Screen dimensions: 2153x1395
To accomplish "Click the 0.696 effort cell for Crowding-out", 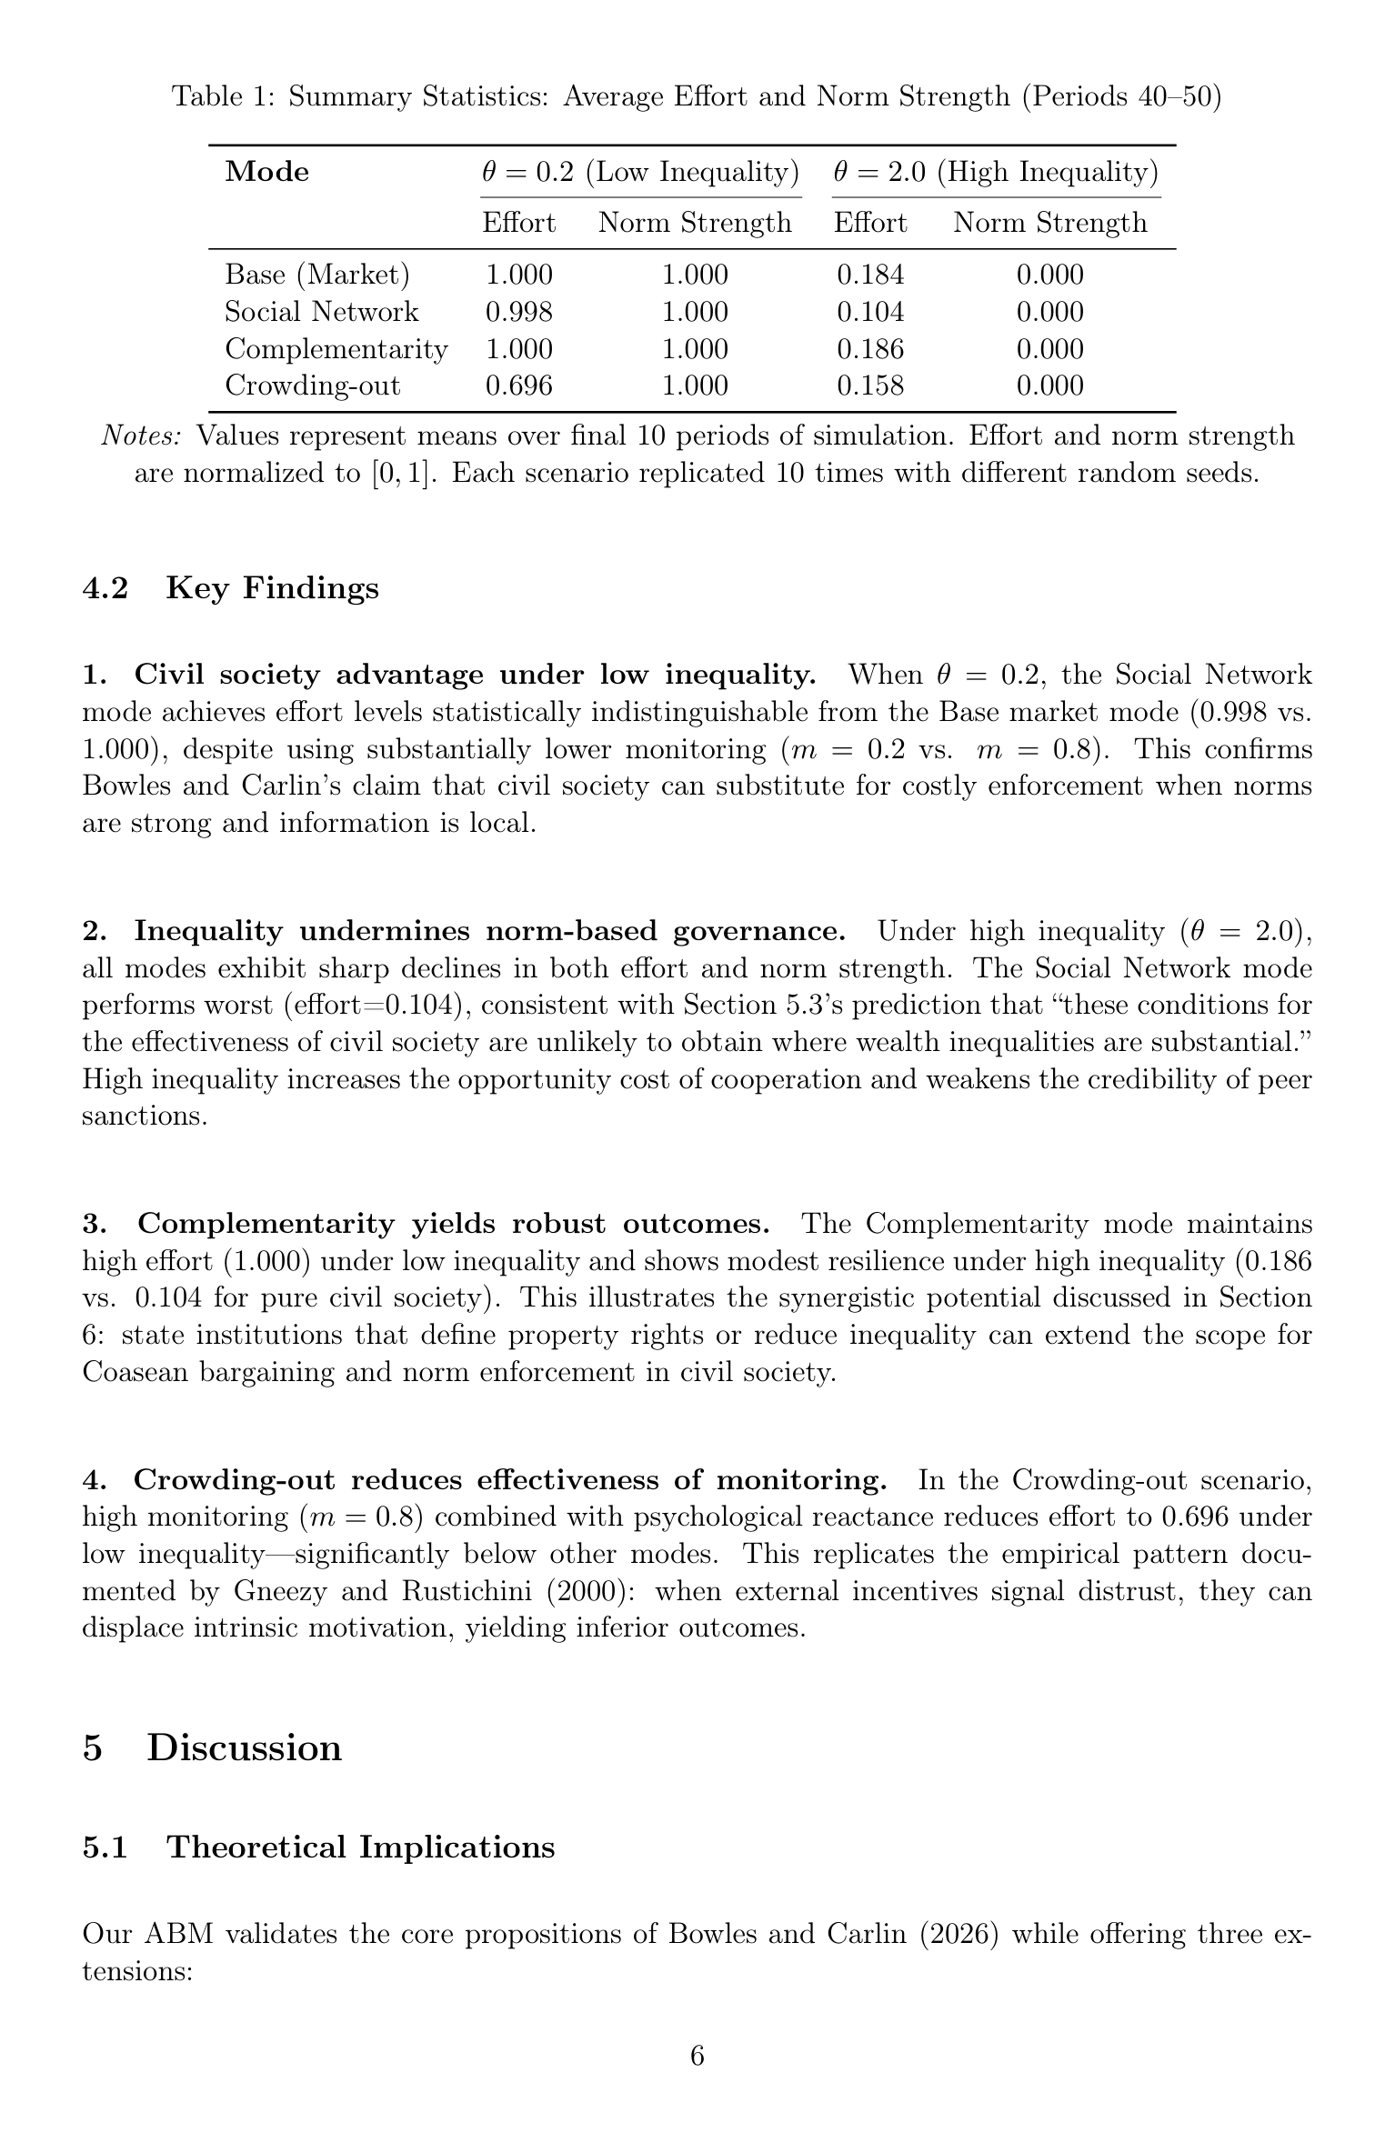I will [518, 386].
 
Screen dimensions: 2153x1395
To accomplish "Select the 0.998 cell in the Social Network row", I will [518, 312].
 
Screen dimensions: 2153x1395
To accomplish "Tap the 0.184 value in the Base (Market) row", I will [870, 275].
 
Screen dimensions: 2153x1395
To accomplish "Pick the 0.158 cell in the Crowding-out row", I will [870, 386].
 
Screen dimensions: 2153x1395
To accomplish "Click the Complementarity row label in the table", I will [336, 349].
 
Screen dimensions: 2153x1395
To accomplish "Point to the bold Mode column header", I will [266, 172].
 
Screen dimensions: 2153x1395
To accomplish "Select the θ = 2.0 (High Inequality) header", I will [996, 172].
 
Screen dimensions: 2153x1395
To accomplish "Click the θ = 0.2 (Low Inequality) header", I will [640, 172].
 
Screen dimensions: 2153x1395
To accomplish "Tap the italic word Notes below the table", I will [141, 436].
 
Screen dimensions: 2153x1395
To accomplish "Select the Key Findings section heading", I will [272, 588].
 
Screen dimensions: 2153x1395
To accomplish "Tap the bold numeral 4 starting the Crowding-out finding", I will [89, 1480].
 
